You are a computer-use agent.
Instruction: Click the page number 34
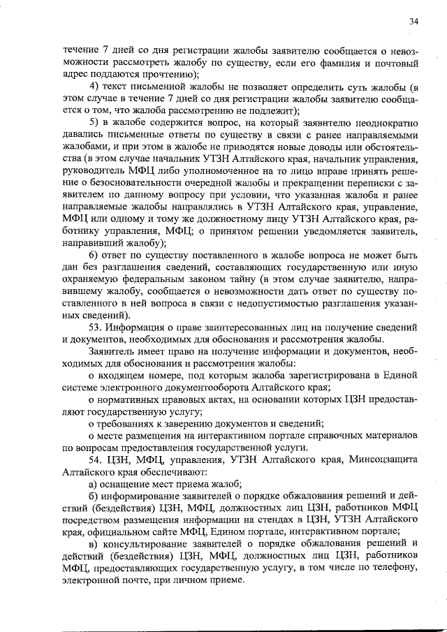pyautogui.click(x=414, y=22)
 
